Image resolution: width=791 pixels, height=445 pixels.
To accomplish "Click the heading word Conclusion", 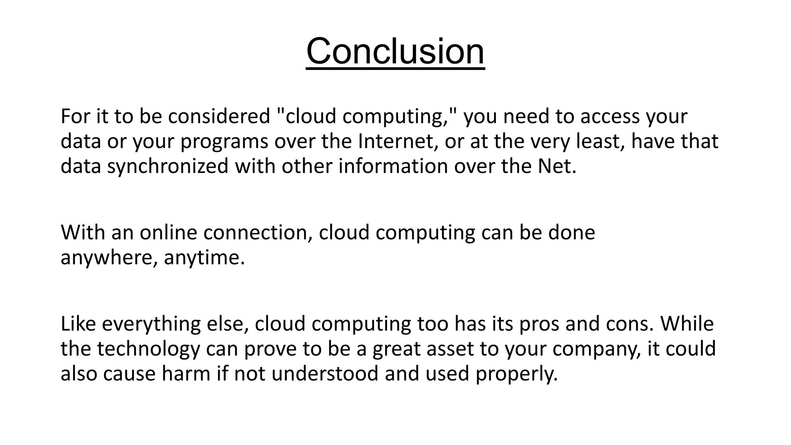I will tap(395, 51).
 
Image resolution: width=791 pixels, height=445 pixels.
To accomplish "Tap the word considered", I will tap(219, 116).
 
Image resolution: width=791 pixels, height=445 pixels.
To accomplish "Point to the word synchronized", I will tap(168, 166).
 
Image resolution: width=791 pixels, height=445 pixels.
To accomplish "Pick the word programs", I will tap(224, 142).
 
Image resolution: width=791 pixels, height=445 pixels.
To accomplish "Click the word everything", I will tap(151, 324).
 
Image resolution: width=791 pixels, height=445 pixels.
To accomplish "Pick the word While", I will tap(687, 324).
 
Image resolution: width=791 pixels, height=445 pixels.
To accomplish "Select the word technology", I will tap(148, 349).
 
